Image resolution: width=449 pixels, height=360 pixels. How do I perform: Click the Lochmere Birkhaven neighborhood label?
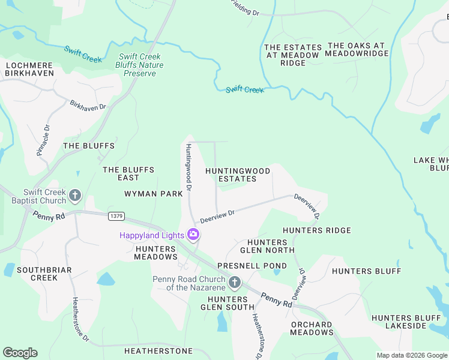29,68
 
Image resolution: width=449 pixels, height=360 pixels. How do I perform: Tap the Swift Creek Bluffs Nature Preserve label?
139,65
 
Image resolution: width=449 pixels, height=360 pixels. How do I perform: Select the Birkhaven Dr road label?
88,105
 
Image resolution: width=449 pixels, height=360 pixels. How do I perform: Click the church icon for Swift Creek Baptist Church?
75,195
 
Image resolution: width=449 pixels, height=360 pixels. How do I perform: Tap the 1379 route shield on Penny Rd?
116,215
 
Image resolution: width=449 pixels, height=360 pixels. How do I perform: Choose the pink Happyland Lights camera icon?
193,235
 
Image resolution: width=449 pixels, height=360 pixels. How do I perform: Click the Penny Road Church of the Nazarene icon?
235,282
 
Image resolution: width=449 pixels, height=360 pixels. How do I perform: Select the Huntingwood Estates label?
238,175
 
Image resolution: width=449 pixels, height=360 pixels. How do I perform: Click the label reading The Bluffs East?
128,173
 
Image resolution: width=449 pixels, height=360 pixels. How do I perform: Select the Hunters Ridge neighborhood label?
316,230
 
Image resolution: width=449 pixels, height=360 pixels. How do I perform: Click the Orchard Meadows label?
312,328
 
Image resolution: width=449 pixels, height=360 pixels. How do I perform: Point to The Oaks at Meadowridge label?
357,49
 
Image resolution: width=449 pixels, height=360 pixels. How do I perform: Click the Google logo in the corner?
20,353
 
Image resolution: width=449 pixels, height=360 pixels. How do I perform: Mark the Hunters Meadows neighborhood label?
156,253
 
